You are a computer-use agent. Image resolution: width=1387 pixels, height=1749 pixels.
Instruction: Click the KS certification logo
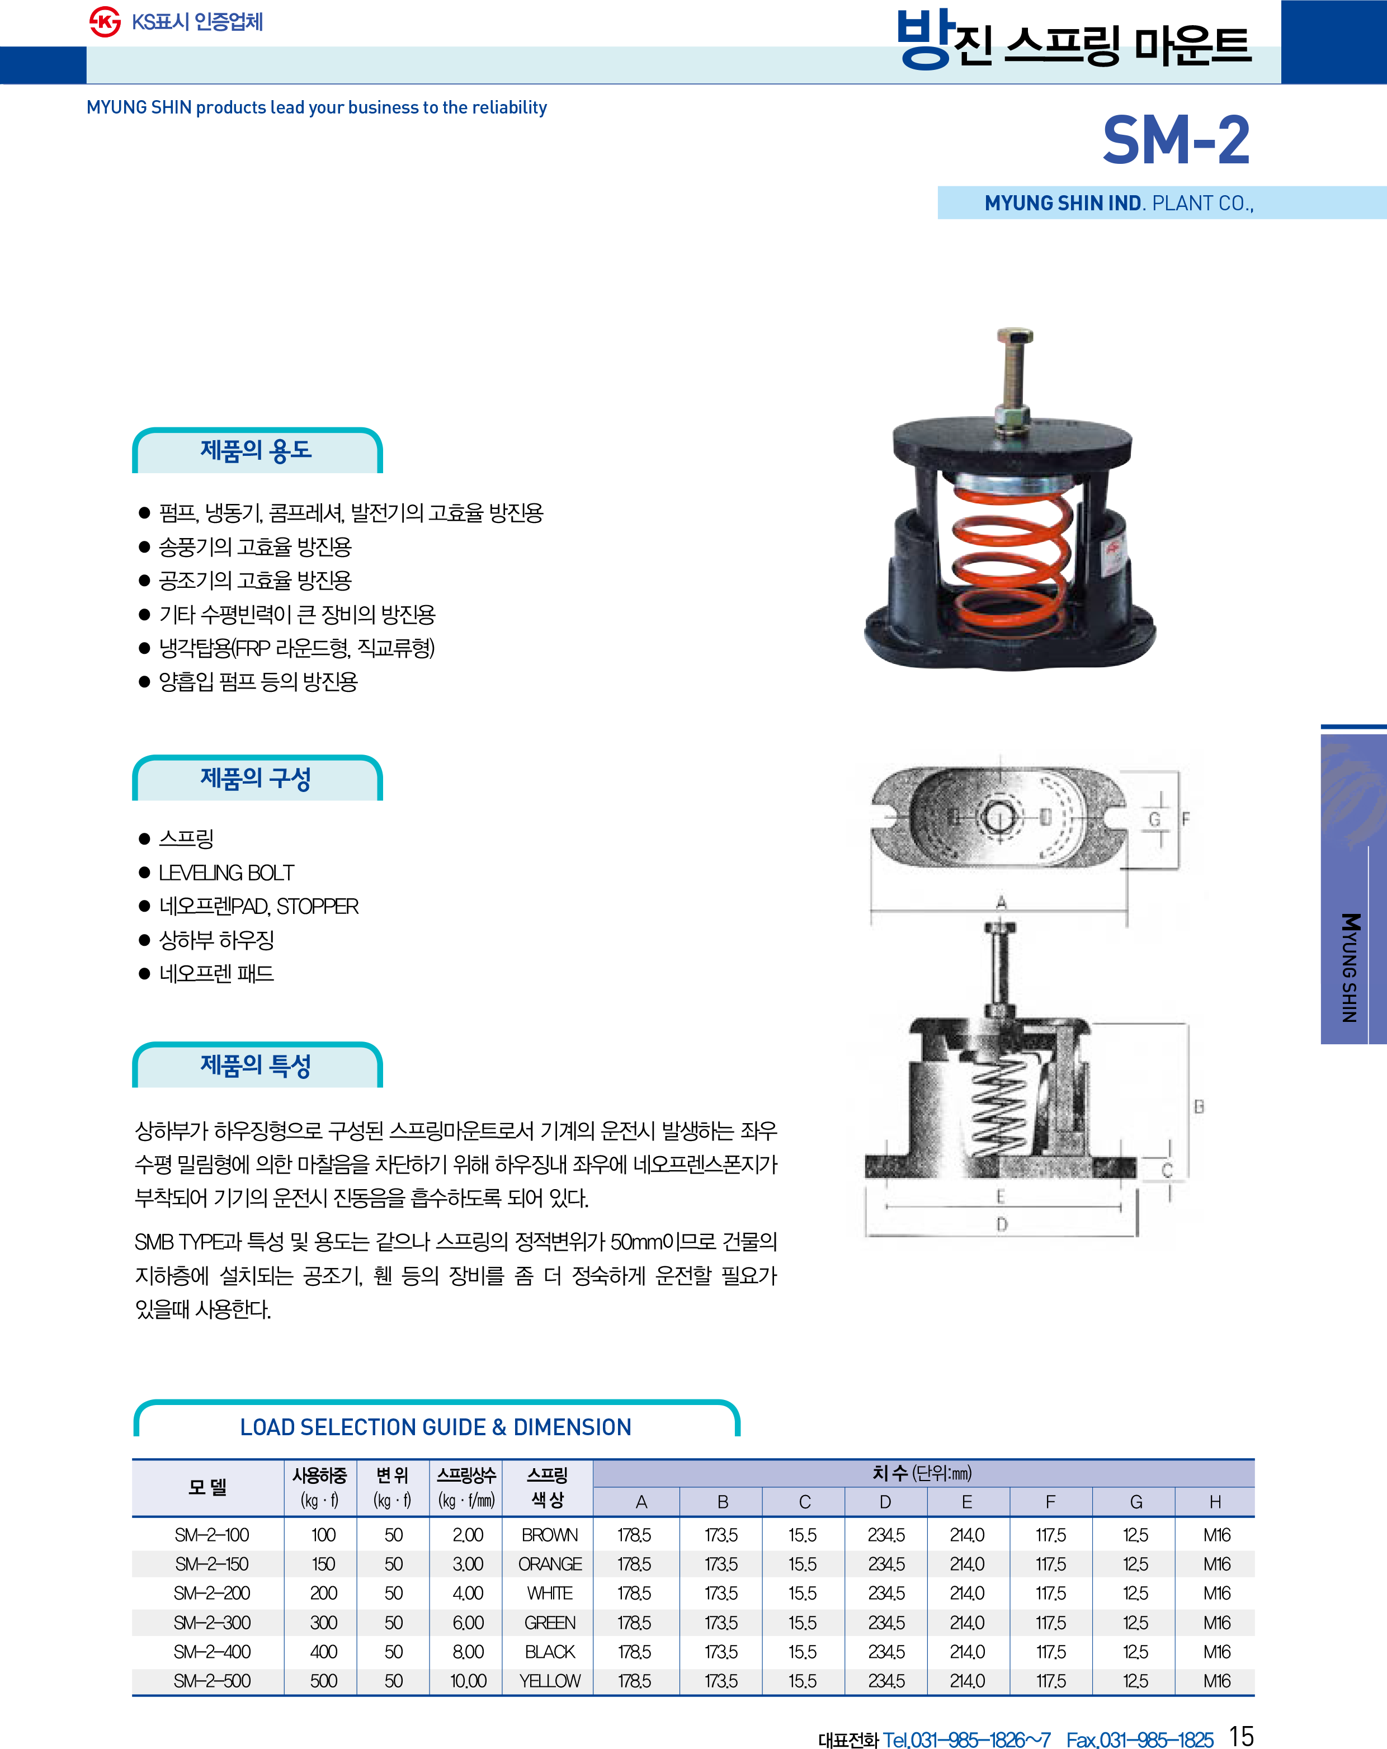105,22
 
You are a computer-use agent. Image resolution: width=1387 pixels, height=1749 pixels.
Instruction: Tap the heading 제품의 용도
256,450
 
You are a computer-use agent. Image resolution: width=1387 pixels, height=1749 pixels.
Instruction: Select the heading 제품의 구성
256,778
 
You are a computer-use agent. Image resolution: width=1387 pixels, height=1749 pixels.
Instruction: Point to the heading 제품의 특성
256,1065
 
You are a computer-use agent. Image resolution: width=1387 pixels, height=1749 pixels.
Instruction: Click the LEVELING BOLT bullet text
227,873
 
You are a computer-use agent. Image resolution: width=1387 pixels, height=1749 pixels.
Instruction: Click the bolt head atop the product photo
1015,336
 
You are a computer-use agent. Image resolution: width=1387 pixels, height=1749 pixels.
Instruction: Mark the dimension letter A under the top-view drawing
1001,902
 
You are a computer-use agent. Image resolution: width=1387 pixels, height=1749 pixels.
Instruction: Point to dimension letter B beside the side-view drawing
1199,1106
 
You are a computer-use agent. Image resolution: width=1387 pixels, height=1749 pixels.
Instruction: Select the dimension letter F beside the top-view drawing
1186,819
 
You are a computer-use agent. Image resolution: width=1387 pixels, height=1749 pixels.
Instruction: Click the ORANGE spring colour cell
550,1564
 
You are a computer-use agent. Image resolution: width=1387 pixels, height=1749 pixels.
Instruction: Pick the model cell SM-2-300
213,1623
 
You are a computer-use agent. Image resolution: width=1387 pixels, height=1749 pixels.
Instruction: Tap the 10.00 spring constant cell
469,1681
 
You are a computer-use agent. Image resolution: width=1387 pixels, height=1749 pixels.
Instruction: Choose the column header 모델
207,1487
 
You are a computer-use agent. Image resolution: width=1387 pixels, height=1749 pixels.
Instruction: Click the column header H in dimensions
1215,1502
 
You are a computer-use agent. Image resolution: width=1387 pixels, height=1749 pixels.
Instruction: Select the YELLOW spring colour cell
550,1681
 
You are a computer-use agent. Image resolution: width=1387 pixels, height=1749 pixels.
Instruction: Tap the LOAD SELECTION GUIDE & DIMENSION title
436,1427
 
